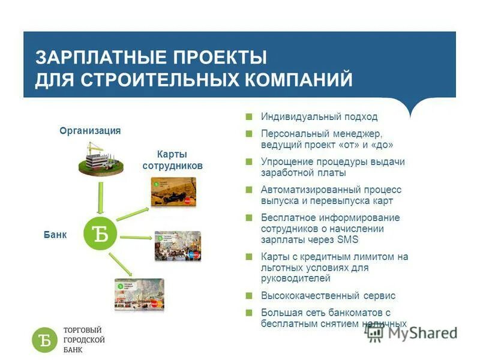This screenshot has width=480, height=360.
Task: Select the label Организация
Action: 90,131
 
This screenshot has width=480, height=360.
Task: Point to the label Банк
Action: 55,235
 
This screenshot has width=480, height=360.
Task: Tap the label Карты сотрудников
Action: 172,160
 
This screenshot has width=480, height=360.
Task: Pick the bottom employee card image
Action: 139,294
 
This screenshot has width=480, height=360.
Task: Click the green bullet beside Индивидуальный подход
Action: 248,117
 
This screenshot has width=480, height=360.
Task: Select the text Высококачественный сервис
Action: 328,296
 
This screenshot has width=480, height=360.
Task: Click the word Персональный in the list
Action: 292,134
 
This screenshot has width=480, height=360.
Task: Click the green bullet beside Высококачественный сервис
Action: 248,296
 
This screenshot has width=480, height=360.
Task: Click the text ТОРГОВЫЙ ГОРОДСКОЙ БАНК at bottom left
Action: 84,340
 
